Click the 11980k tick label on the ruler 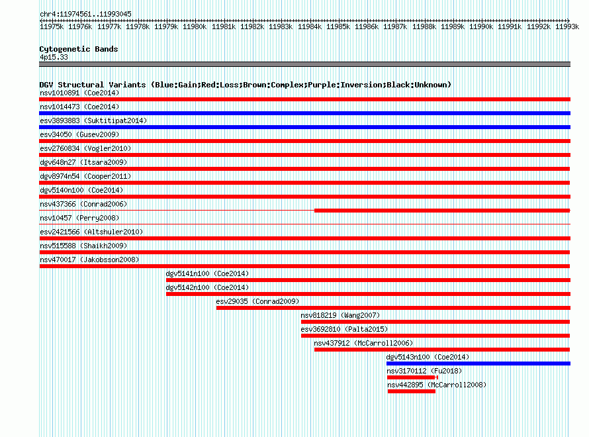pyautogui.click(x=195, y=26)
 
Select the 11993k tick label pyautogui.click(x=567, y=26)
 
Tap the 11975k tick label pyautogui.click(x=52, y=26)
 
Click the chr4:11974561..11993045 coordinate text pyautogui.click(x=85, y=14)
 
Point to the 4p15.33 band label pyautogui.click(x=54, y=57)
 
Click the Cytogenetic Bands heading pyautogui.click(x=79, y=49)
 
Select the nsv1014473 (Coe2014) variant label pyautogui.click(x=79, y=107)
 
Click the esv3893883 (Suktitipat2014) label pyautogui.click(x=93, y=121)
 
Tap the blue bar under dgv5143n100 pyautogui.click(x=478, y=364)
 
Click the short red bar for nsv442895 pyautogui.click(x=412, y=391)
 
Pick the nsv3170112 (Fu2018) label pyautogui.click(x=424, y=371)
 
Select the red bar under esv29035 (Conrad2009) pyautogui.click(x=393, y=308)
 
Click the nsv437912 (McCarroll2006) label pyautogui.click(x=363, y=343)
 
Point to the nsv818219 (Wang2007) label pyautogui.click(x=340, y=315)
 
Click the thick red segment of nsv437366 pyautogui.click(x=442, y=211)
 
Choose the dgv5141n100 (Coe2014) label pyautogui.click(x=207, y=273)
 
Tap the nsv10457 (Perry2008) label pyautogui.click(x=79, y=218)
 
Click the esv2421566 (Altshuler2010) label pyautogui.click(x=91, y=232)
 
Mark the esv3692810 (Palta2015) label pyautogui.click(x=344, y=329)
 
